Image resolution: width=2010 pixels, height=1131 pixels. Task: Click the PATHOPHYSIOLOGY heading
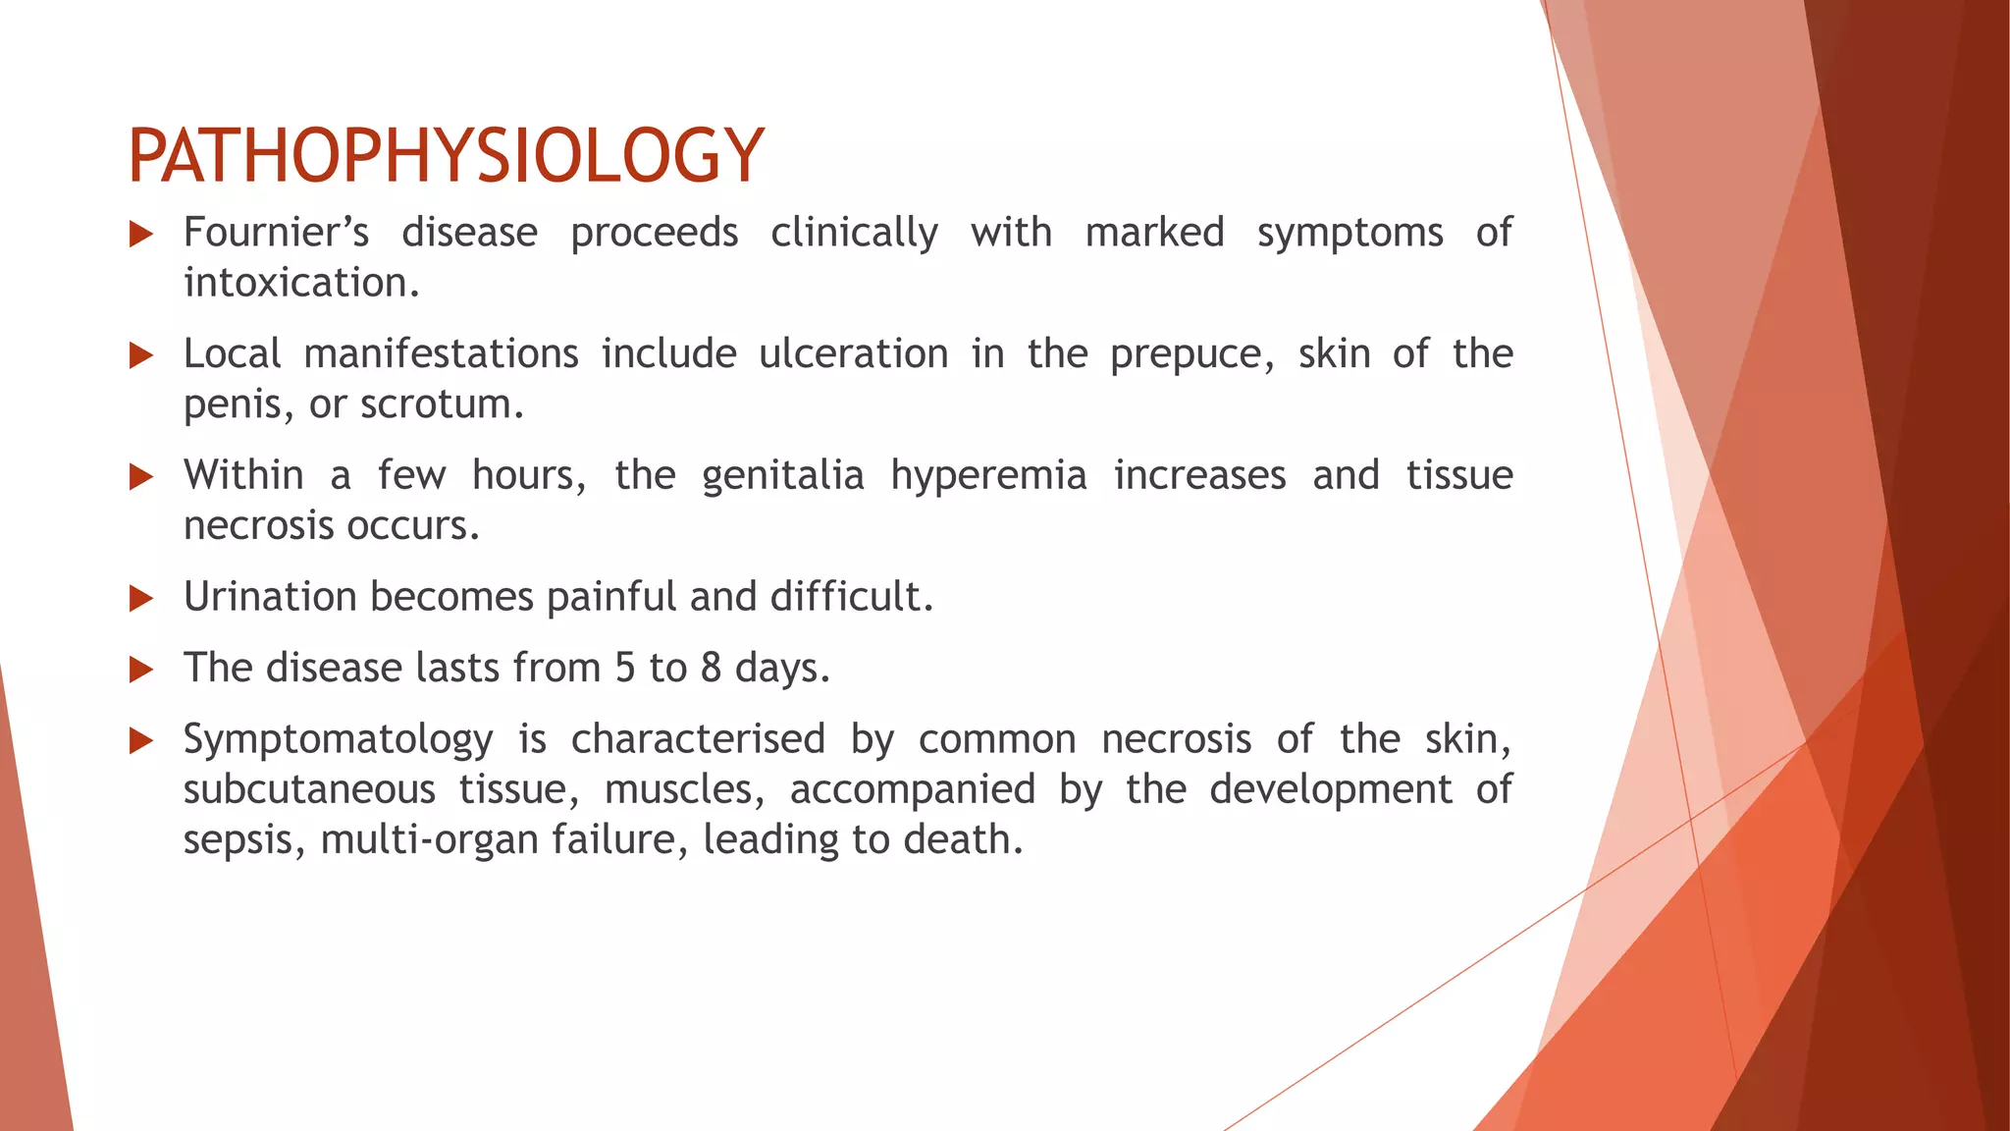(446, 155)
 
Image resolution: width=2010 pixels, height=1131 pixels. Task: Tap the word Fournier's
(276, 233)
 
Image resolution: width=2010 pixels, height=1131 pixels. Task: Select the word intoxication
(301, 283)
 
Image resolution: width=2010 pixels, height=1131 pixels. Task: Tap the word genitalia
(782, 476)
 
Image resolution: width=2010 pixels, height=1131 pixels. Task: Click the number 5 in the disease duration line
(625, 668)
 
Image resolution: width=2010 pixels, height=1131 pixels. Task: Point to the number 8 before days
(712, 668)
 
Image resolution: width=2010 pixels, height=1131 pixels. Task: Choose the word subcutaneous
(309, 790)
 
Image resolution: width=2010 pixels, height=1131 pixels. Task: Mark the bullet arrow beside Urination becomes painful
(141, 598)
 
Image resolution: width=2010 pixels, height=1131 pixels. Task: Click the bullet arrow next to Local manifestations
(141, 355)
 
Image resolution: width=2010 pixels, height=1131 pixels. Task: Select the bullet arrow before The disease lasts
(141, 670)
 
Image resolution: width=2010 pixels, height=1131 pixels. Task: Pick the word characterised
(698, 739)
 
